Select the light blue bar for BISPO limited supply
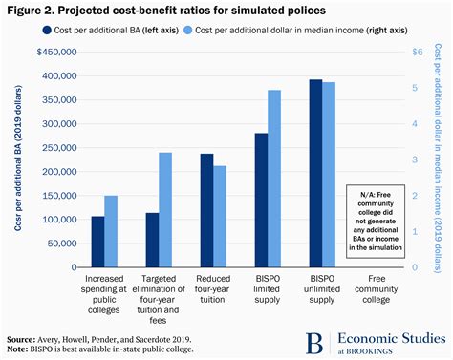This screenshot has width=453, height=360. point(274,179)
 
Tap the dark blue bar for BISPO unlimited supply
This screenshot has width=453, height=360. point(315,173)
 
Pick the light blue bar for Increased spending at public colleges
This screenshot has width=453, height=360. point(111,231)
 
